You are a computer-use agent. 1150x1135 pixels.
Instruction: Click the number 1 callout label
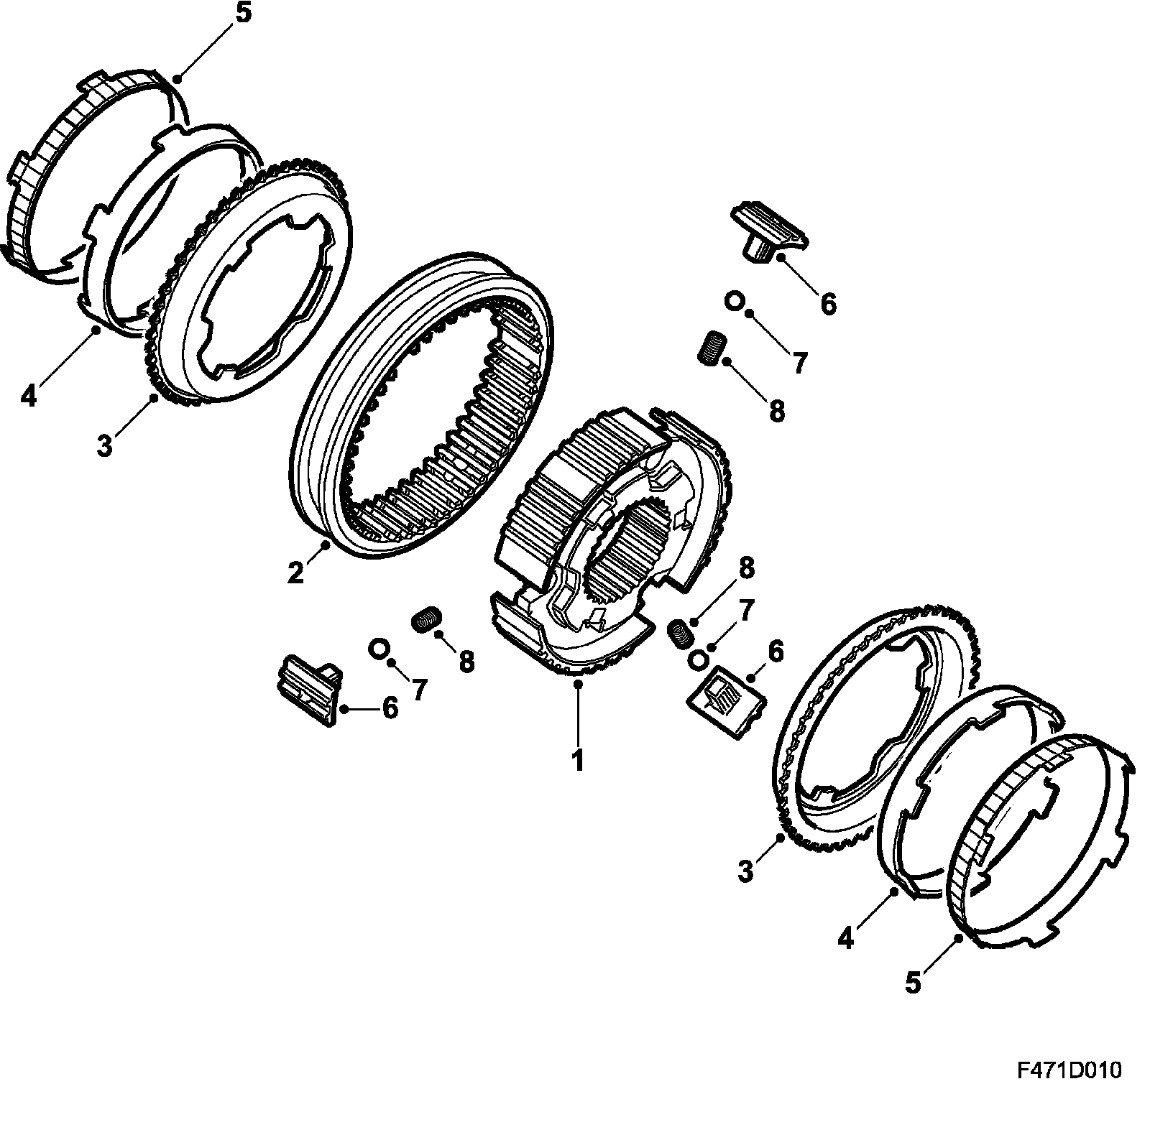pyautogui.click(x=577, y=759)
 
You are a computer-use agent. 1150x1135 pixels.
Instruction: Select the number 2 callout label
pyautogui.click(x=295, y=574)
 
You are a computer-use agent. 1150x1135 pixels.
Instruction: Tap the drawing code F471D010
pyautogui.click(x=1069, y=1090)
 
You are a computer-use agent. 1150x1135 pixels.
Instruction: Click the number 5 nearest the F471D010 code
pyautogui.click(x=913, y=982)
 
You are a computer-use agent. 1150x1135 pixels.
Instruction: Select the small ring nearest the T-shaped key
pyautogui.click(x=733, y=300)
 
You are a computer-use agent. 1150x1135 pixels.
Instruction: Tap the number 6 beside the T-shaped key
pyautogui.click(x=828, y=304)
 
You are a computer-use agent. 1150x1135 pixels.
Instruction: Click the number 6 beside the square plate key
pyautogui.click(x=775, y=651)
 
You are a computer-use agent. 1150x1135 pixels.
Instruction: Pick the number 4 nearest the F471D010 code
pyautogui.click(x=846, y=937)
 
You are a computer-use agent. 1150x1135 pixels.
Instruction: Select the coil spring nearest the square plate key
pyautogui.click(x=679, y=632)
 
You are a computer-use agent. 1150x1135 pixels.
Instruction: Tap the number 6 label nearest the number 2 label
pyautogui.click(x=389, y=708)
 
